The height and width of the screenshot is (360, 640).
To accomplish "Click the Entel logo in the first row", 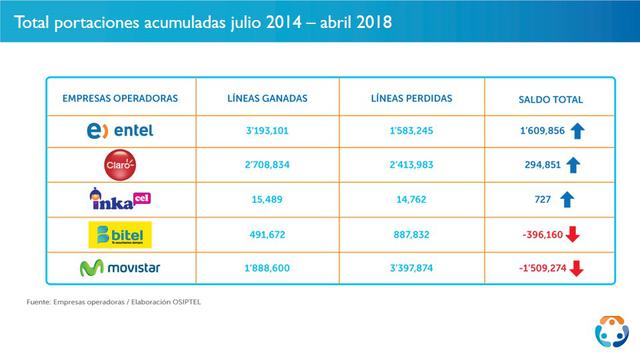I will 120,132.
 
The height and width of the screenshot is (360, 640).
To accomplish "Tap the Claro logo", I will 120,165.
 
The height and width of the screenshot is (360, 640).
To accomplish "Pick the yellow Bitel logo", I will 120,234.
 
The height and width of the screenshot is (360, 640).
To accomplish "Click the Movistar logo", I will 120,268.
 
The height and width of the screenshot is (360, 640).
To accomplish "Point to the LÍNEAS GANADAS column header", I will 266,99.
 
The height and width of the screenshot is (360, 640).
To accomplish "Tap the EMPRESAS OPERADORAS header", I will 120,99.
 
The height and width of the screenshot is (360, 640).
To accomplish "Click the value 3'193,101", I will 266,132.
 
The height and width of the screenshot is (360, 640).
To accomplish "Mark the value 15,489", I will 266,200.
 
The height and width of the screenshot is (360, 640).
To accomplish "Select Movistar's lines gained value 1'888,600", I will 266,268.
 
